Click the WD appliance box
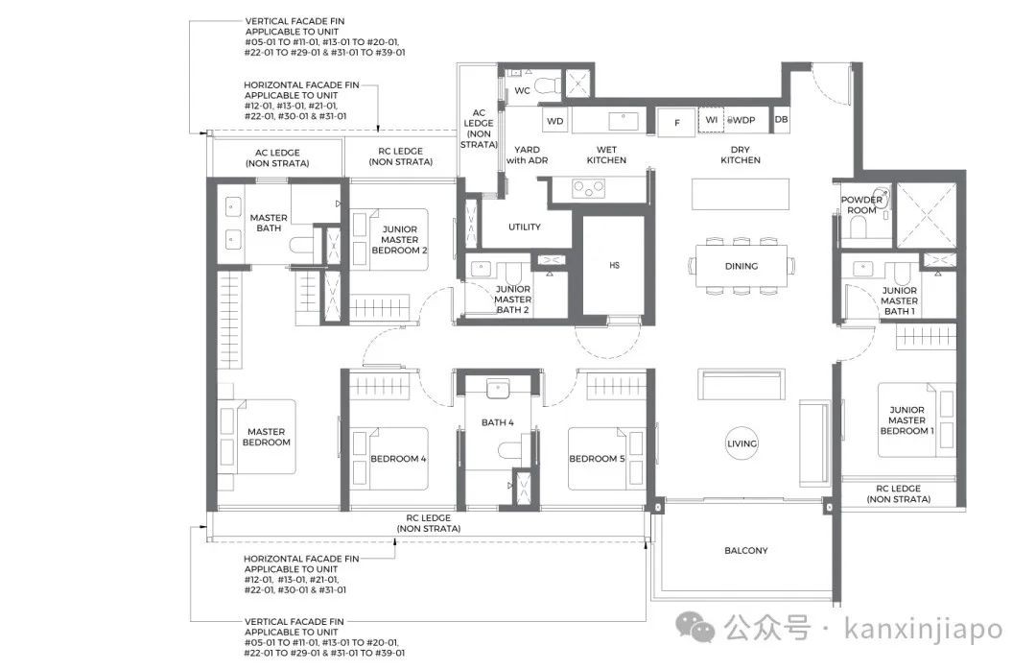(x=555, y=121)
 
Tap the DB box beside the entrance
(x=781, y=120)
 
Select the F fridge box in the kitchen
(x=676, y=122)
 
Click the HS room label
(x=615, y=265)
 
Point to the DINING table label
(x=742, y=267)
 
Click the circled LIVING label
(x=742, y=443)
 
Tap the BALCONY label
(x=746, y=550)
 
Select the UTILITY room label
(x=525, y=227)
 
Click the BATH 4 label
(x=498, y=422)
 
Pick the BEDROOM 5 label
(x=597, y=459)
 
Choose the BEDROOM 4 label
(x=398, y=459)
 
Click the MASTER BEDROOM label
(x=267, y=437)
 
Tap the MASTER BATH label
(x=269, y=223)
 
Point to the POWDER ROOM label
(x=861, y=204)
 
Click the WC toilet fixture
(x=547, y=86)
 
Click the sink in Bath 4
(x=498, y=388)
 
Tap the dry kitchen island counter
(x=741, y=194)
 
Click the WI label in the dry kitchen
(x=711, y=120)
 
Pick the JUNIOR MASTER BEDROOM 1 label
(x=906, y=420)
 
